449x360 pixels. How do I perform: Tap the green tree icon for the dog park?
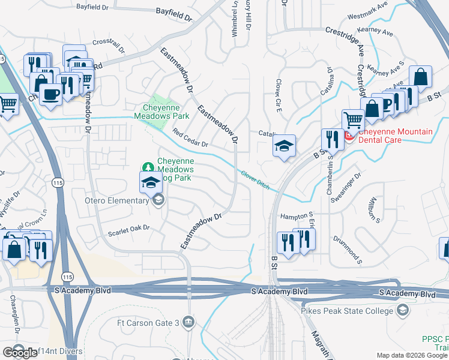[148, 166]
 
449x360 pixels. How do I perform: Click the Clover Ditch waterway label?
[255, 180]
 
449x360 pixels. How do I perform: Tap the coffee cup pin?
[50, 94]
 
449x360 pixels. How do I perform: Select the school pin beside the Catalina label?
[284, 146]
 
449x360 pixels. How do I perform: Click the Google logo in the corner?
[20, 353]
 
